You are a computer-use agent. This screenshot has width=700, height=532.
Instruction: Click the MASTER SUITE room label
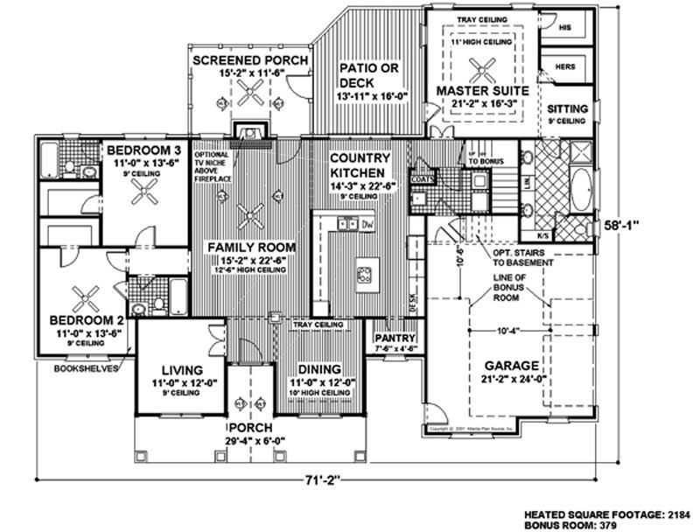pos(480,90)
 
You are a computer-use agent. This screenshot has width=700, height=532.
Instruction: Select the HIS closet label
pos(563,28)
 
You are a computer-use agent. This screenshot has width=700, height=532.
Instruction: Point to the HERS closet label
pos(563,66)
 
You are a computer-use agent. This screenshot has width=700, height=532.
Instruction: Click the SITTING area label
pos(567,108)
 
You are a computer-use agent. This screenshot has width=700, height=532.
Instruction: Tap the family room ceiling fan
pos(252,213)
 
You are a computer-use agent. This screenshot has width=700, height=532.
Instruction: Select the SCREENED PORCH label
pos(237,60)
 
